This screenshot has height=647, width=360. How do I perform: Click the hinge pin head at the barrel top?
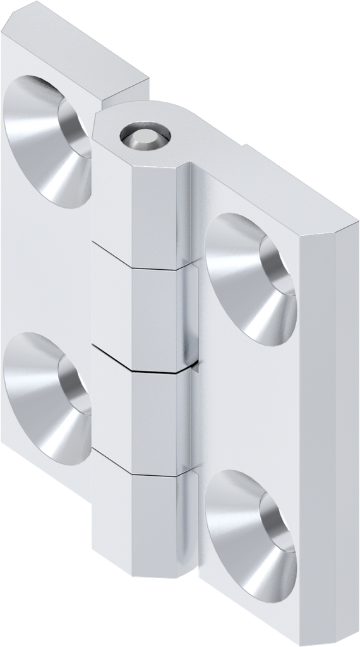[145, 138]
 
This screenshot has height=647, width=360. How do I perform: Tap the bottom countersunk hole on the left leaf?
[48, 398]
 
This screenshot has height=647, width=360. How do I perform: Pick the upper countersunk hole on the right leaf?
[251, 278]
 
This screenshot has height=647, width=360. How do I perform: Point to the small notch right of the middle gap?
[198, 365]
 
